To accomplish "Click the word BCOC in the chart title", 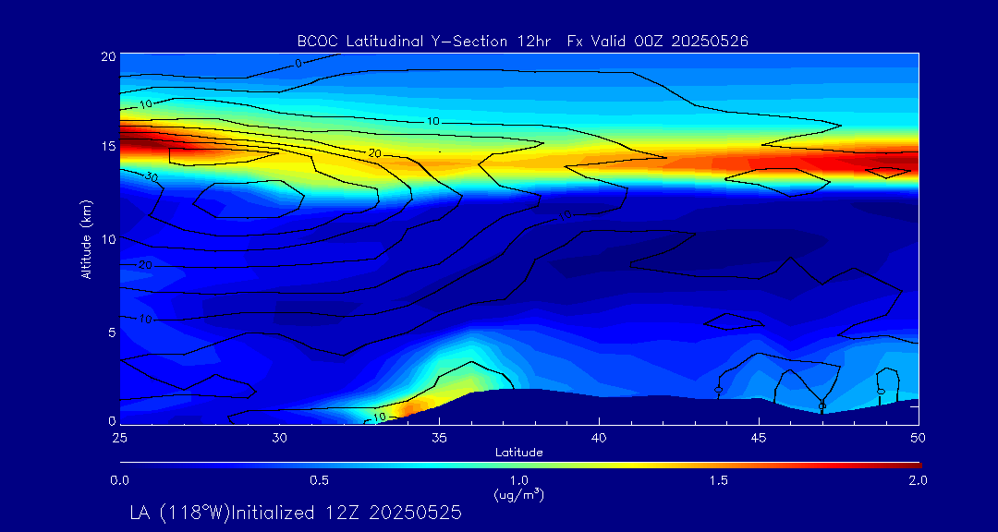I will [316, 41].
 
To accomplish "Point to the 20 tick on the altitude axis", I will [107, 56].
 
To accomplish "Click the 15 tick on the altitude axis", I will [107, 147].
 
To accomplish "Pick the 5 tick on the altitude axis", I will [111, 332].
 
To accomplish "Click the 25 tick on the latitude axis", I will [119, 436].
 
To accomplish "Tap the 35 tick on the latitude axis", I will [440, 436].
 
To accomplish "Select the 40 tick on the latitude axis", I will [600, 436].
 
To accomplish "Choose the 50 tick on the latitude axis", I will [919, 436].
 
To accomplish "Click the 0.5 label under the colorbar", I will [320, 480].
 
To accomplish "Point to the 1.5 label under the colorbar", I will [719, 480].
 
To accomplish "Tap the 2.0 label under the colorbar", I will [918, 480].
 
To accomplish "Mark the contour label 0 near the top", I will [298, 64].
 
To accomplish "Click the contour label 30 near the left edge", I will [151, 176].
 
